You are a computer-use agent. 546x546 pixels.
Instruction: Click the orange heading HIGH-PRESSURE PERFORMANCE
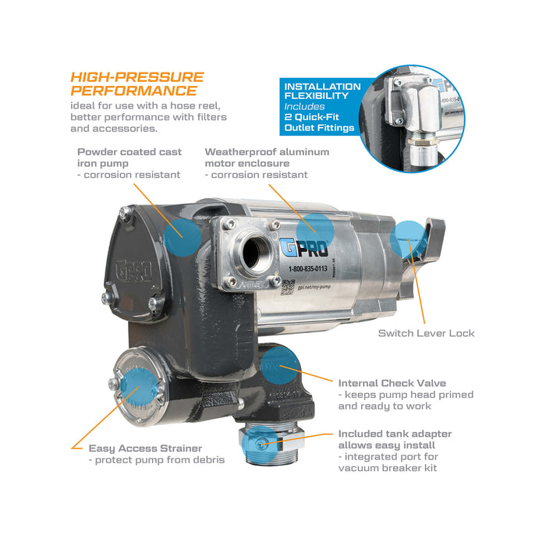click(136, 84)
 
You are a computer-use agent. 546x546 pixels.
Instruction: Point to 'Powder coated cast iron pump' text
click(129, 158)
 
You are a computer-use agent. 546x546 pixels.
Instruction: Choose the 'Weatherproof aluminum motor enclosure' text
click(267, 158)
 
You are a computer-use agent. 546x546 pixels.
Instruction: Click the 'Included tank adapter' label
click(395, 434)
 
